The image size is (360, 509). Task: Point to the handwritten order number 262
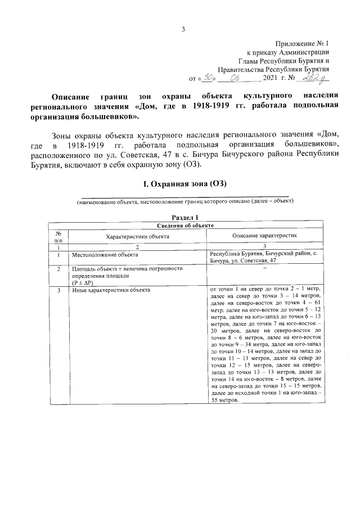(312, 78)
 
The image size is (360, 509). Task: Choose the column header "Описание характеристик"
(264, 237)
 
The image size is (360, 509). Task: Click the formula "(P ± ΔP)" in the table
(83, 282)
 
